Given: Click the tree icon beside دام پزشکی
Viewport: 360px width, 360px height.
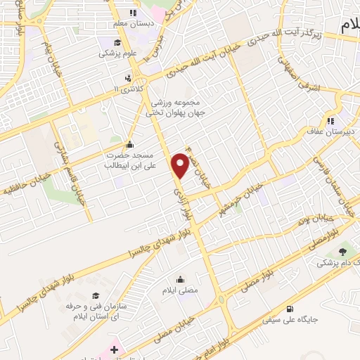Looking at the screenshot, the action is (x=342, y=251).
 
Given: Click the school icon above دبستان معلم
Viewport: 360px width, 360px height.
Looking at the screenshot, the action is (x=131, y=13).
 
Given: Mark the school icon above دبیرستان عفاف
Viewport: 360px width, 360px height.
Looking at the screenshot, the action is (x=330, y=119).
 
